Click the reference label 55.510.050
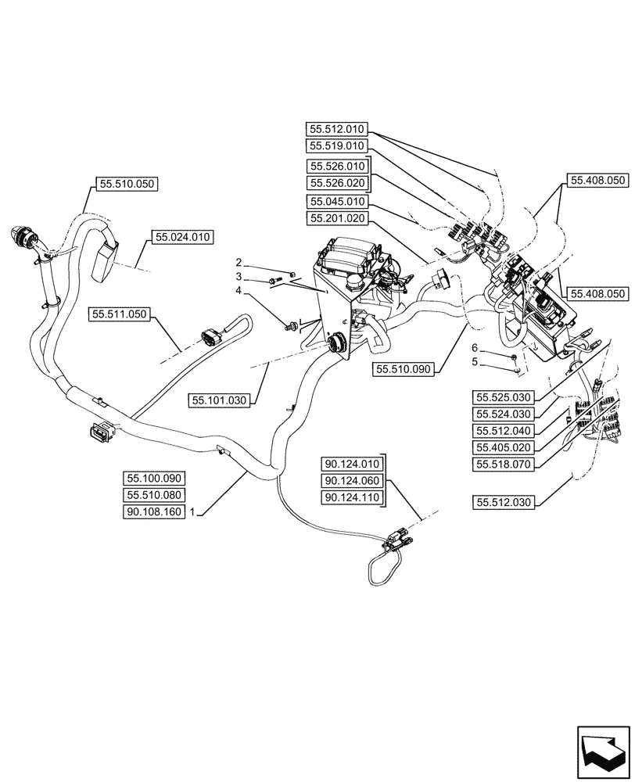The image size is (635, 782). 126,185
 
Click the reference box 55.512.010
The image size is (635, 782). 337,129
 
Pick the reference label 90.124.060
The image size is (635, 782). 350,480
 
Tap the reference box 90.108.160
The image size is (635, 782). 152,512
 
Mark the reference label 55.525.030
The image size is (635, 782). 504,396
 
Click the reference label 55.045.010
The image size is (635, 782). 337,201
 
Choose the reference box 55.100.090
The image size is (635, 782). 152,478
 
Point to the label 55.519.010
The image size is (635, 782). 337,146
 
